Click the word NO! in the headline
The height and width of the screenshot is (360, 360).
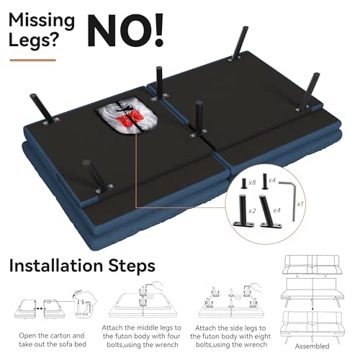coord(125,30)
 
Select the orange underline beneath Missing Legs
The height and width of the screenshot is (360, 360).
coord(33,60)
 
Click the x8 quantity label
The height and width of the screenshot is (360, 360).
coord(252,183)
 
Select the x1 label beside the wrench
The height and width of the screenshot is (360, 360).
coord(300,204)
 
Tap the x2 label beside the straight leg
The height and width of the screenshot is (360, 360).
coord(252,211)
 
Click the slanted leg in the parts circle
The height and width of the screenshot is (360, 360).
coord(270,211)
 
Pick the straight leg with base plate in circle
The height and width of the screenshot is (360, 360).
coord(243,211)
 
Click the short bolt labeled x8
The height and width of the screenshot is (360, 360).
coord(244,184)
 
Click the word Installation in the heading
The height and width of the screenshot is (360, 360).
coord(56,266)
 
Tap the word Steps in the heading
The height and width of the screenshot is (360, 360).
coord(132,266)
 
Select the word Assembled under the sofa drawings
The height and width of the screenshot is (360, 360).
coord(312,346)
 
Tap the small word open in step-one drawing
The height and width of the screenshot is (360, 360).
coord(78,292)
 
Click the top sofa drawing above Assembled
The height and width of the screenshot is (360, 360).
coord(312,265)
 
